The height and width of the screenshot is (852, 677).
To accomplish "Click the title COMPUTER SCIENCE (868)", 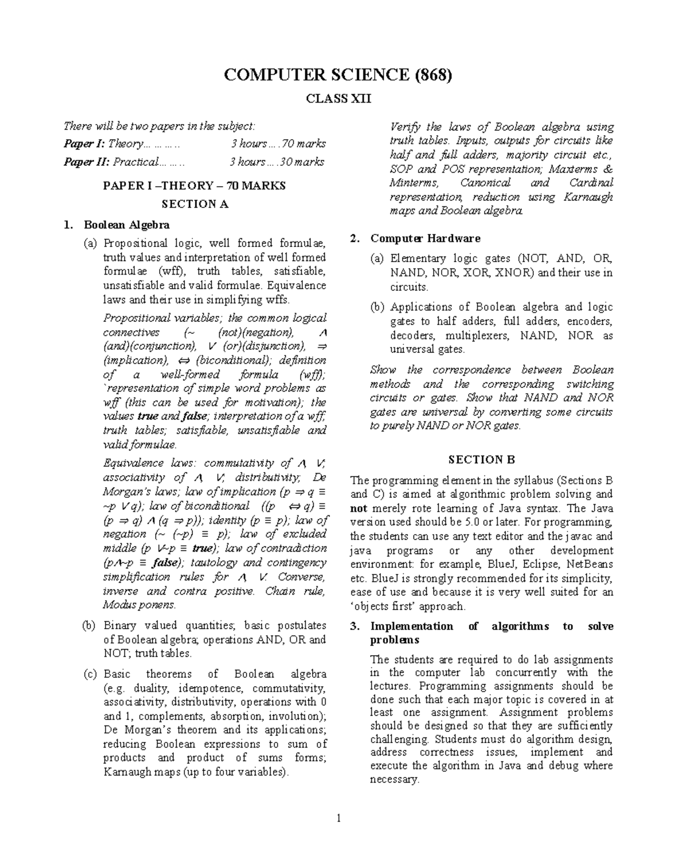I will pyautogui.click(x=338, y=75).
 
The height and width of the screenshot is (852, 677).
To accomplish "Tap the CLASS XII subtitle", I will pyautogui.click(x=338, y=99).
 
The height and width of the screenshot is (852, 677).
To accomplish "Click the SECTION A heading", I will pyautogui.click(x=195, y=204).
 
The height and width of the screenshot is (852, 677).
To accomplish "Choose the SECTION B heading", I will pyautogui.click(x=481, y=460).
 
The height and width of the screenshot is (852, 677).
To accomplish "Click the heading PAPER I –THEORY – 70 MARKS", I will pyautogui.click(x=195, y=186).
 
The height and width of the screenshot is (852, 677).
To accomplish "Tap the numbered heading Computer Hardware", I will pyautogui.click(x=425, y=239).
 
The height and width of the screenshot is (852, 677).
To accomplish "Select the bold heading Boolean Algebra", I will pyautogui.click(x=126, y=225).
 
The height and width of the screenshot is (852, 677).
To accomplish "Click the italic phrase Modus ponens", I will pyautogui.click(x=139, y=605).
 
